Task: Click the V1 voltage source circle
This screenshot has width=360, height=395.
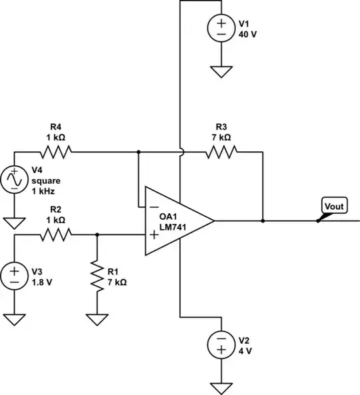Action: [x=219, y=28]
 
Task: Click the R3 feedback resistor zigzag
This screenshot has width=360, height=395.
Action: [x=221, y=153]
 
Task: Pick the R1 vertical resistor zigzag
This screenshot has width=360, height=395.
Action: [x=97, y=274]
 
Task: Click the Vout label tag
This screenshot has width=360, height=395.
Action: [x=333, y=206]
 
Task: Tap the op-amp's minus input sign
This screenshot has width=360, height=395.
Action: [x=153, y=207]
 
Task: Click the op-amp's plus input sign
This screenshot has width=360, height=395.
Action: [x=153, y=234]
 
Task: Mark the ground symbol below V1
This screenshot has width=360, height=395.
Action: [x=219, y=70]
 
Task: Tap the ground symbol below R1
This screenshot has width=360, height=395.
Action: [x=97, y=320]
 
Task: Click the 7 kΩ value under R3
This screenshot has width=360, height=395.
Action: [x=221, y=137]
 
